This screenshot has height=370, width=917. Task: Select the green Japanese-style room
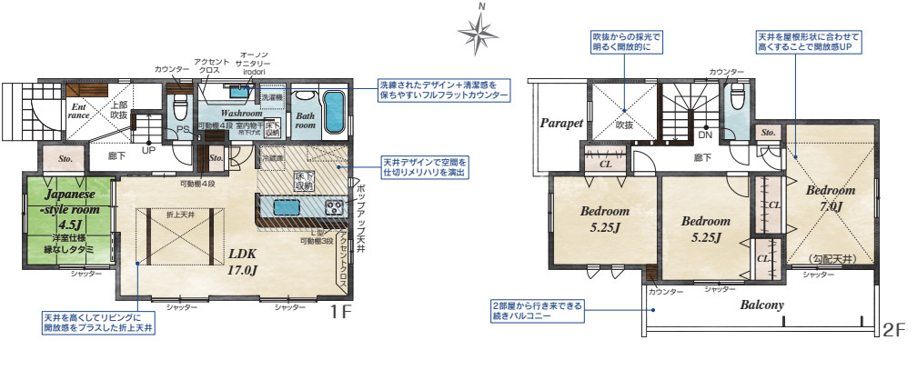(x=67, y=222)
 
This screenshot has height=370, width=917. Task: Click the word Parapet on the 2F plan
(x=560, y=123)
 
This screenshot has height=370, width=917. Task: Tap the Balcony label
(x=761, y=305)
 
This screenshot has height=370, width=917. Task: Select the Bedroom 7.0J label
(x=830, y=198)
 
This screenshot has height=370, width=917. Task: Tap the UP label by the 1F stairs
(x=146, y=149)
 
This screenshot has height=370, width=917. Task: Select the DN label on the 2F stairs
(x=704, y=135)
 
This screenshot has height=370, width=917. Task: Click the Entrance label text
(x=79, y=111)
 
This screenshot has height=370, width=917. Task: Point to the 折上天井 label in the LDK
(x=179, y=215)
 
